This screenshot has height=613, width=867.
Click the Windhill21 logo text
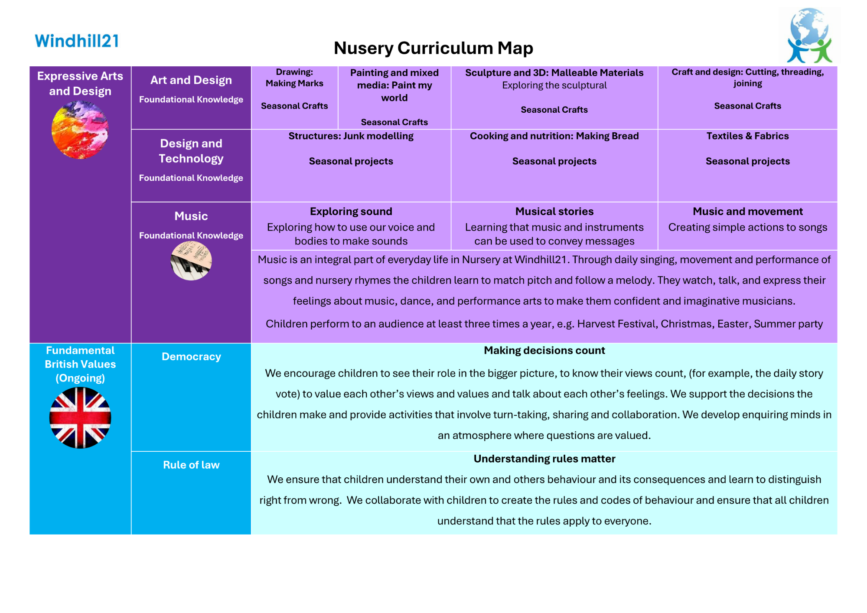77,41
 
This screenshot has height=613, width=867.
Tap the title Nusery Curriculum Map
433,48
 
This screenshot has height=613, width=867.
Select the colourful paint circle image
80,130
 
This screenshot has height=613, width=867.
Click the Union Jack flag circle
80,417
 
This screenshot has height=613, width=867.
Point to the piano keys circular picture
191,261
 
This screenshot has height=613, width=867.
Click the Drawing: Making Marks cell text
294,78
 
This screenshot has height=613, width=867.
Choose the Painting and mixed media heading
394,85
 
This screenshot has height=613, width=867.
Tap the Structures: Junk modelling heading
351,136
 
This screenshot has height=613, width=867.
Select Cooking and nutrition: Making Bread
554,136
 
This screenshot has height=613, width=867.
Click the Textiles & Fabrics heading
747,136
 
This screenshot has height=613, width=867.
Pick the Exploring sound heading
351,212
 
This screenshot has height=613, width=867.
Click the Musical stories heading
554,212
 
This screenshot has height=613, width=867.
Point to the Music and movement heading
747,212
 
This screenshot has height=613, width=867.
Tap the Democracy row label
191,357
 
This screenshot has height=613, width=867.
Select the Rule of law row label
191,465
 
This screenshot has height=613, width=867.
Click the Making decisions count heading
544,351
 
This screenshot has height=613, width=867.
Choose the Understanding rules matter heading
544,459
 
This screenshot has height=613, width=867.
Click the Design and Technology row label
191,151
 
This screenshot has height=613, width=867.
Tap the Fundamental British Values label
80,364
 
